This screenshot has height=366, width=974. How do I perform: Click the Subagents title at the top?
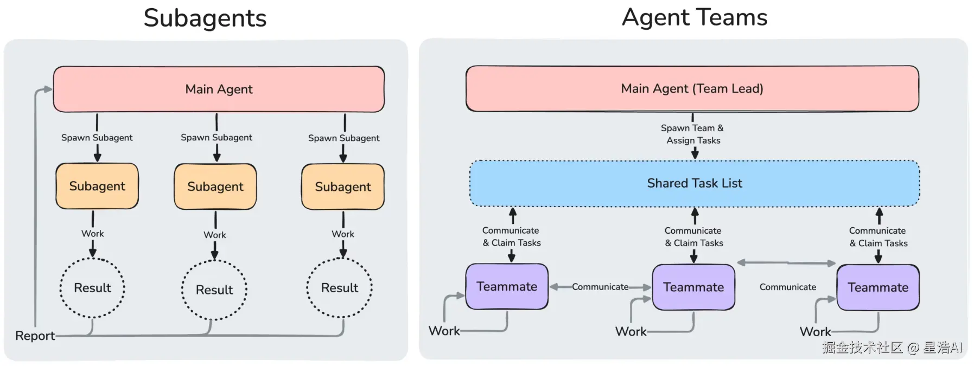click(205, 18)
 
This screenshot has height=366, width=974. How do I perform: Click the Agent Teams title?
click(695, 17)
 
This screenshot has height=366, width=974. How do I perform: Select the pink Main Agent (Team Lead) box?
click(692, 89)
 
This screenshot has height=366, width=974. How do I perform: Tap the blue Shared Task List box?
click(695, 183)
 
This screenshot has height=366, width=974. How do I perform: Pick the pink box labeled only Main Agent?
click(219, 89)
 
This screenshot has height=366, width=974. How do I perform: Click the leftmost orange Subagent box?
click(97, 186)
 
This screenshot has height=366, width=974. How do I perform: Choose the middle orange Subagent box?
click(215, 187)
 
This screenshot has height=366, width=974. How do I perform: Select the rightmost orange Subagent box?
click(343, 187)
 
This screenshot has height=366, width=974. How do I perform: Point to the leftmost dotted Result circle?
click(92, 288)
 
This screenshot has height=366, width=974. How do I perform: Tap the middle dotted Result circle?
click(214, 290)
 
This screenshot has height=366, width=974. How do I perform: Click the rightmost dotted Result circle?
click(340, 288)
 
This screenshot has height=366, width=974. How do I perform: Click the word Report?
click(35, 336)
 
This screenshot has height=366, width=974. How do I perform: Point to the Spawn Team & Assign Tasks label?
click(693, 134)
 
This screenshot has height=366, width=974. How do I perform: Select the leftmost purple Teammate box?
click(507, 287)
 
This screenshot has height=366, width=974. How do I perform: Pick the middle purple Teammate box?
click(693, 287)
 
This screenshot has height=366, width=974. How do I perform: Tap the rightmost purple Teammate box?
click(878, 287)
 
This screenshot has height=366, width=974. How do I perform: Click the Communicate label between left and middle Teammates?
click(600, 287)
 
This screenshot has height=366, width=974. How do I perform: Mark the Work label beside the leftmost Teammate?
click(444, 331)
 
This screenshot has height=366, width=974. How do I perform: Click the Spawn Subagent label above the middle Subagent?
click(217, 138)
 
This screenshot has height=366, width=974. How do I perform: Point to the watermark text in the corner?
click(892, 348)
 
